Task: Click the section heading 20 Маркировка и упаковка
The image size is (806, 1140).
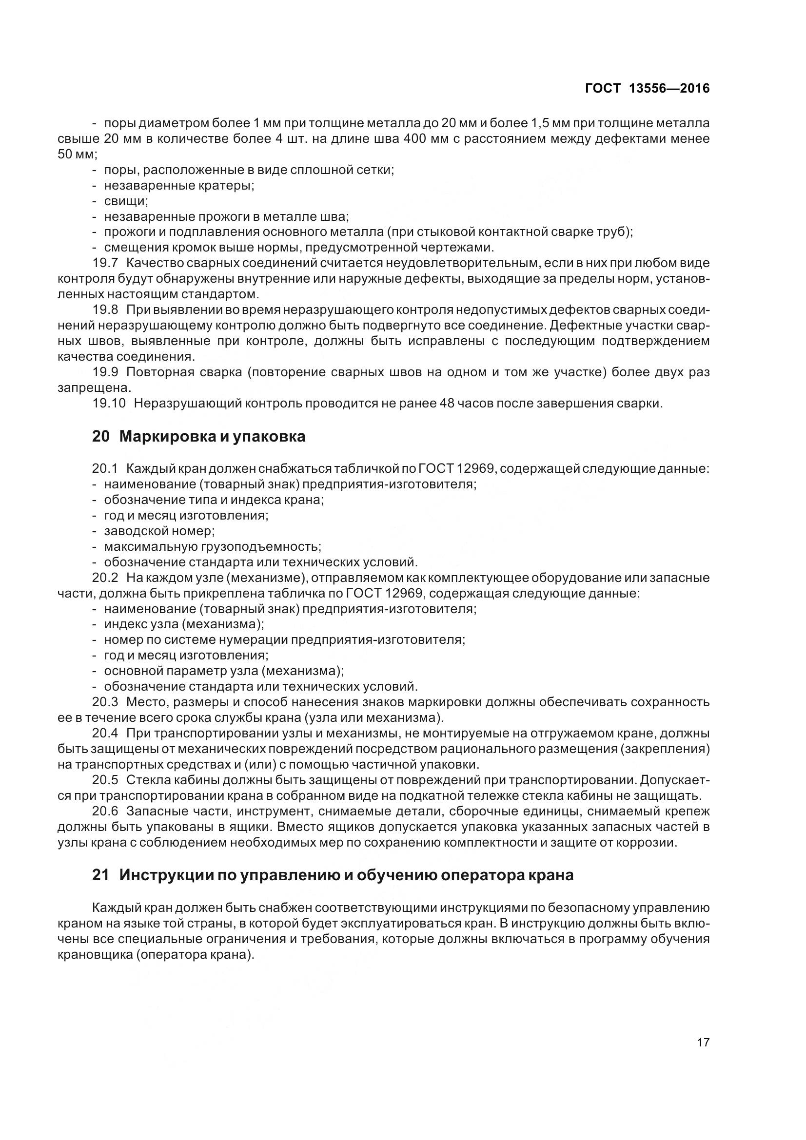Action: (x=198, y=436)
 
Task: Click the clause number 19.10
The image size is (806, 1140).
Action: (x=109, y=403)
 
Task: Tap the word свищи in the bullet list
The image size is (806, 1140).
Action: (x=125, y=201)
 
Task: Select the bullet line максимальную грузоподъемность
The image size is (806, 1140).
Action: (x=213, y=547)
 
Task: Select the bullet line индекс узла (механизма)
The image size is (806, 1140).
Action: (x=184, y=624)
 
